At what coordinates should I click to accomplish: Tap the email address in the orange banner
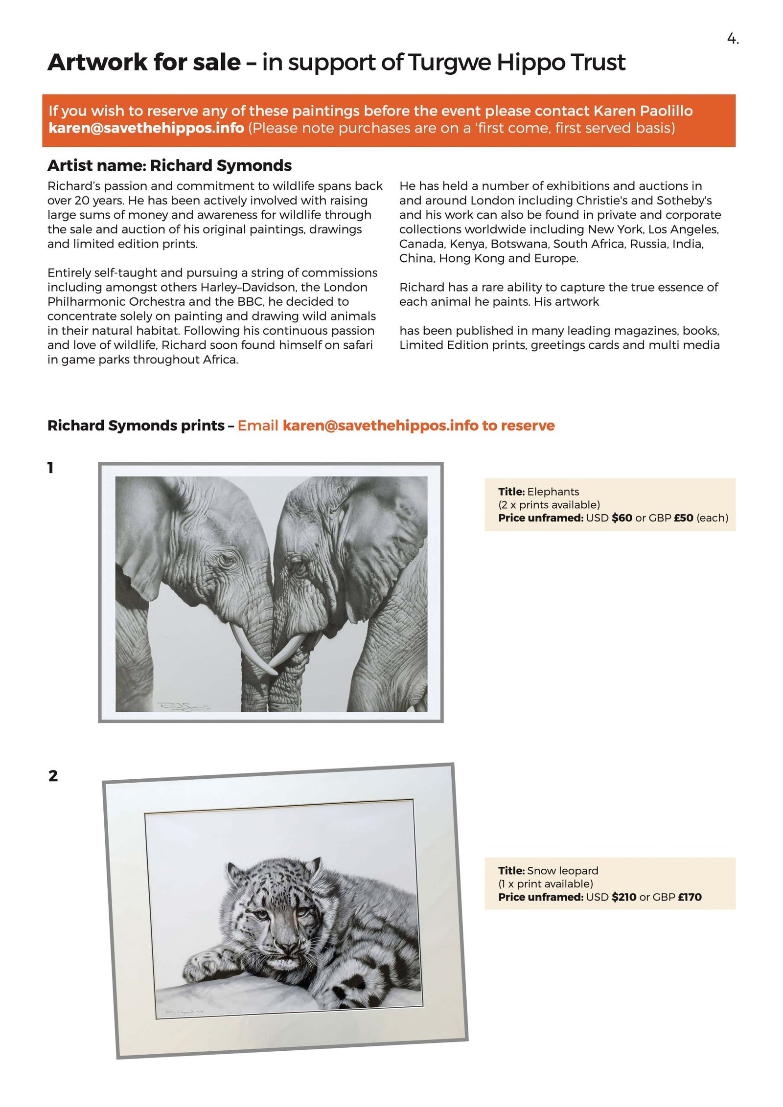(x=146, y=128)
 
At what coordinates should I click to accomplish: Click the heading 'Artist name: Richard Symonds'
(x=169, y=166)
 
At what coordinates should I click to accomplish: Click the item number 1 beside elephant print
(x=50, y=468)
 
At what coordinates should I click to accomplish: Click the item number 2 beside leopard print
(x=53, y=776)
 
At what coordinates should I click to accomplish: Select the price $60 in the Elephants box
(x=622, y=518)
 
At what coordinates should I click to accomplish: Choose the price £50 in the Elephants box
(x=683, y=518)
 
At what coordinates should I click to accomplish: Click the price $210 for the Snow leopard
(x=623, y=897)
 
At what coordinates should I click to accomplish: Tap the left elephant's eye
(x=227, y=558)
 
